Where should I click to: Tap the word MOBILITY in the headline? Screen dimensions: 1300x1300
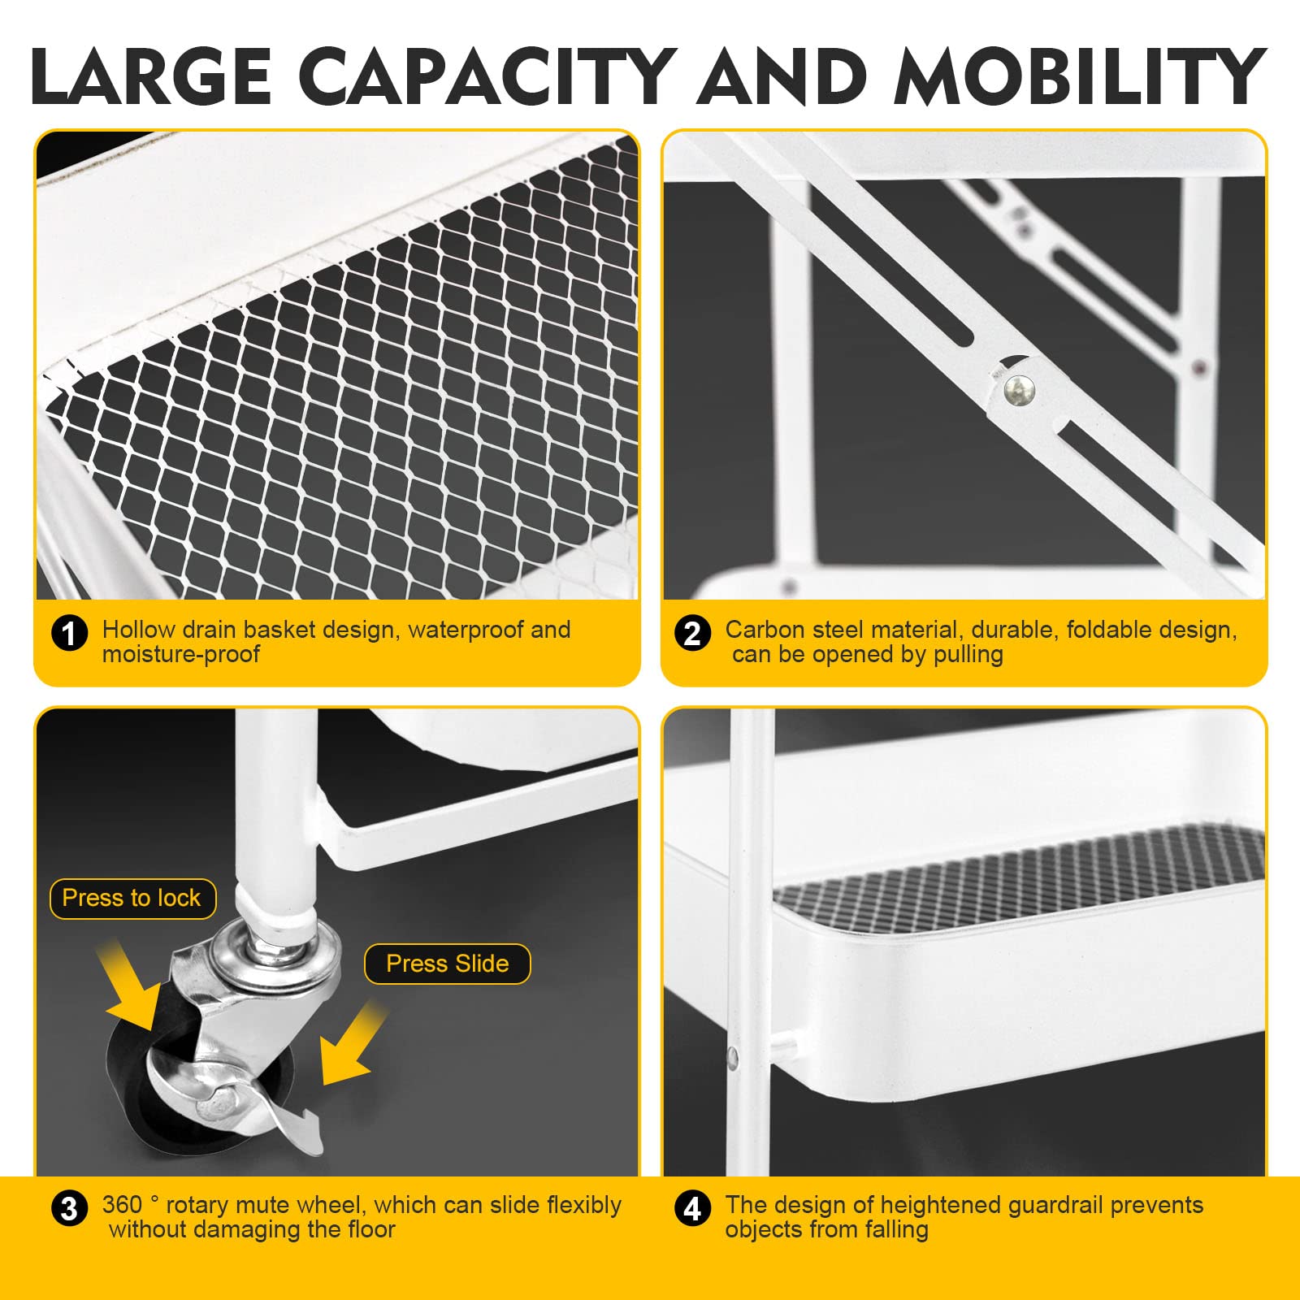coord(1081,76)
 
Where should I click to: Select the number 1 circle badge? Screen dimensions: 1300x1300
coord(69,634)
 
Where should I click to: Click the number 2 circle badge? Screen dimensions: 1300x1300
coord(692,634)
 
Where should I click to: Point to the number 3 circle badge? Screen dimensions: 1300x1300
coord(69,1208)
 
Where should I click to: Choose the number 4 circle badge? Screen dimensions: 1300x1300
coord(692,1208)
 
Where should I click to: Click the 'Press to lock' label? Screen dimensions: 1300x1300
coord(132,899)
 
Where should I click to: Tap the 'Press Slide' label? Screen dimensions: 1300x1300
coord(448,964)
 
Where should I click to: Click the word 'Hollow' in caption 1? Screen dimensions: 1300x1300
coord(139,630)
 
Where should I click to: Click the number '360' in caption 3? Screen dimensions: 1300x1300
coord(122,1205)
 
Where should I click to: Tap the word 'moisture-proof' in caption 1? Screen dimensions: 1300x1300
coord(181,655)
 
